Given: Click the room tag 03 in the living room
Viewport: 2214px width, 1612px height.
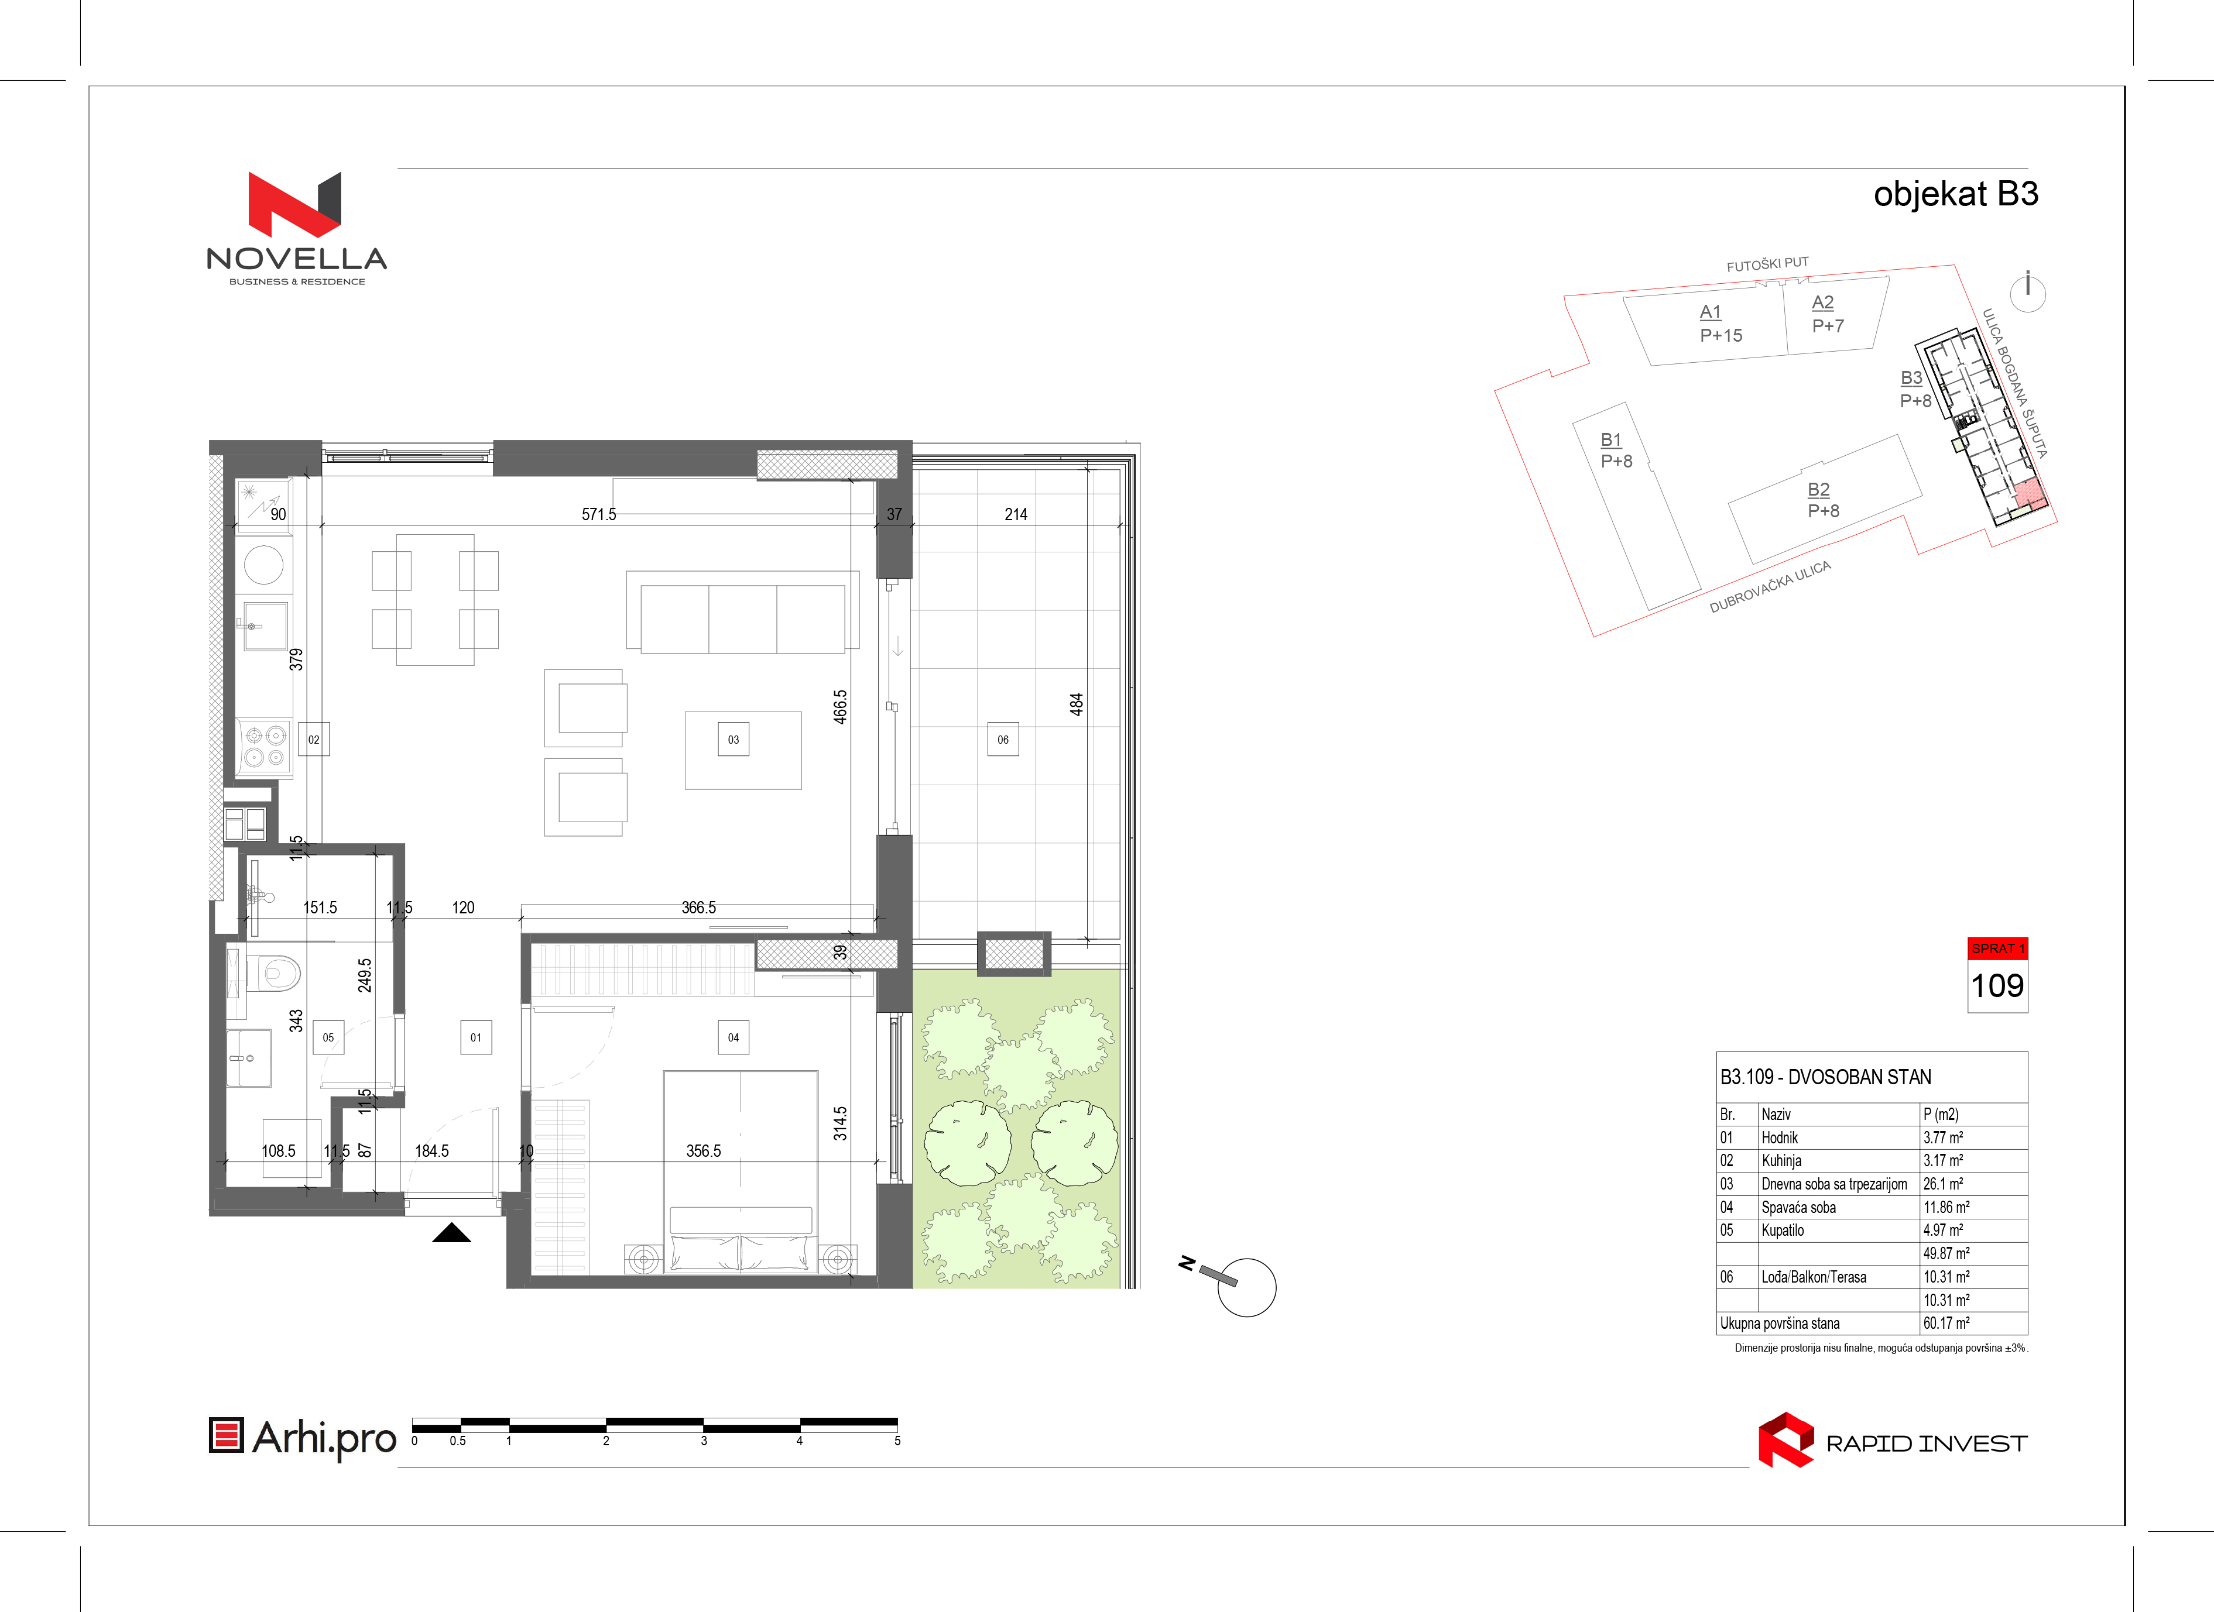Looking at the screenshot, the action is pyautogui.click(x=733, y=740).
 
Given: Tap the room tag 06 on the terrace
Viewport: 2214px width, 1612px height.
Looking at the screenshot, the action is pyautogui.click(x=1003, y=740).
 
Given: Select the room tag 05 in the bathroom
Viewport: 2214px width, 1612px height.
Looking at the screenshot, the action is pyautogui.click(x=328, y=1037).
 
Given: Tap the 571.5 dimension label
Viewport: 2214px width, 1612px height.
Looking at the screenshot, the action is pyautogui.click(x=598, y=514).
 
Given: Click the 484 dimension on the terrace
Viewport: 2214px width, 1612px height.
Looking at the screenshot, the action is pyautogui.click(x=1076, y=704).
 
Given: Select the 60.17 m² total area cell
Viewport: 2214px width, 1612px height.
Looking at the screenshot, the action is pyautogui.click(x=1945, y=1323).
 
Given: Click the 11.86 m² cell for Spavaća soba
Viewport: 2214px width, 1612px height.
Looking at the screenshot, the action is pyautogui.click(x=1945, y=1207).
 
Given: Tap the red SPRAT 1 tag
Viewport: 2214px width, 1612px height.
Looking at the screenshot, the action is pyautogui.click(x=1997, y=948).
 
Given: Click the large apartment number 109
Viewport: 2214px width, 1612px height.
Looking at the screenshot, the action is pyautogui.click(x=1997, y=985).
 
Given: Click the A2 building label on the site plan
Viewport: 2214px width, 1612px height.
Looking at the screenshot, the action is pyautogui.click(x=1822, y=303).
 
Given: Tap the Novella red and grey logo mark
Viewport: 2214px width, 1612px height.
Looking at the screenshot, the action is pyautogui.click(x=295, y=205).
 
